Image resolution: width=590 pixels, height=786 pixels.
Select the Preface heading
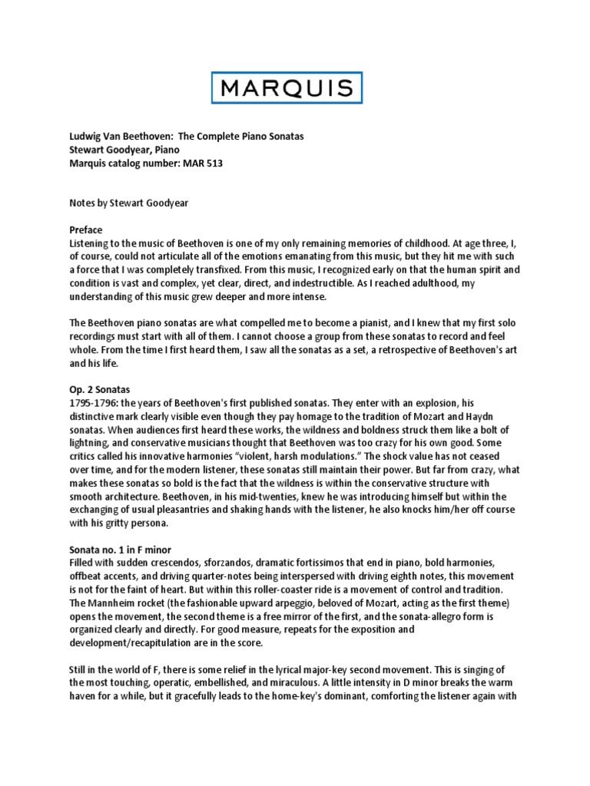pos(85,230)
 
